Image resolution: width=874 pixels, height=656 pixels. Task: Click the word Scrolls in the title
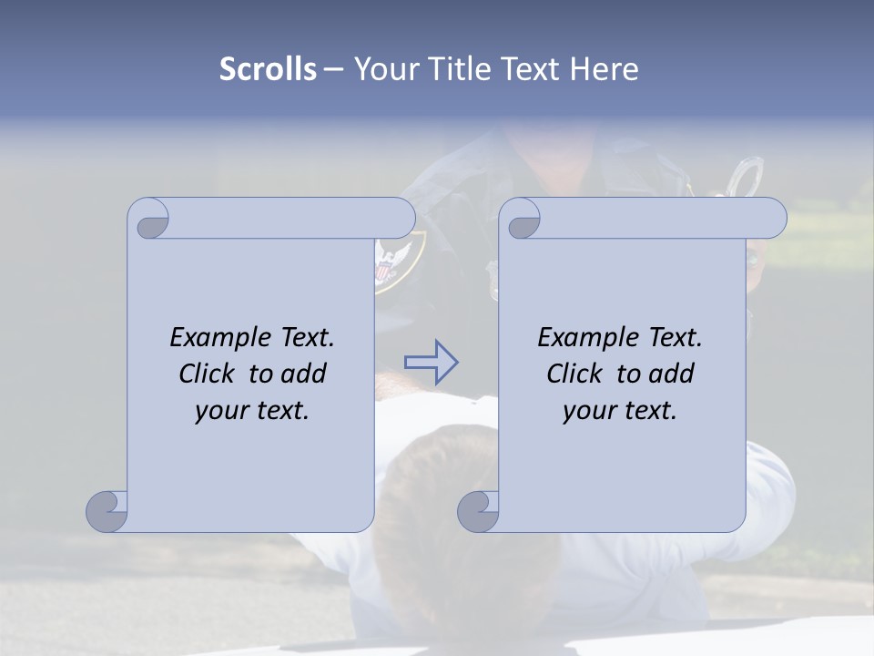coord(269,69)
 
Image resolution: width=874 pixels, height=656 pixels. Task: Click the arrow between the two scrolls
coord(431,363)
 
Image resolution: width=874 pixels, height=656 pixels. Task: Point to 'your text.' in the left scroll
coord(252,410)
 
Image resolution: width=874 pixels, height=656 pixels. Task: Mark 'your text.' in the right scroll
coord(620,410)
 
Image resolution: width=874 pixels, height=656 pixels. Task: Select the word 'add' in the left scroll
coord(304,374)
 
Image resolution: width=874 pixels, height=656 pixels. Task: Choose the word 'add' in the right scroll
coord(672,374)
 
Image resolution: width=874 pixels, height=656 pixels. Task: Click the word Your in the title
coord(383,69)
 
